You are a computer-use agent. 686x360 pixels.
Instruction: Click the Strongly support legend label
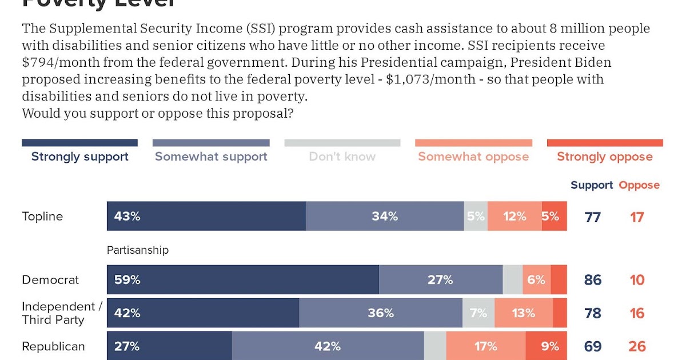click(79, 157)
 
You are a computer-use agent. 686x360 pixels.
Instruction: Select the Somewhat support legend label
click(211, 157)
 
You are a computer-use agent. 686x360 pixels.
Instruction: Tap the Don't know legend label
click(342, 157)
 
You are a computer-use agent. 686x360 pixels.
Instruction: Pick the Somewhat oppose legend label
click(473, 157)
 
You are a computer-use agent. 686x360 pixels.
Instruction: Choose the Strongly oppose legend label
click(604, 157)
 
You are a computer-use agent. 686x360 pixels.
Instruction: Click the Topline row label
click(42, 217)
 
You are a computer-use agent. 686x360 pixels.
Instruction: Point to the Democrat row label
click(50, 280)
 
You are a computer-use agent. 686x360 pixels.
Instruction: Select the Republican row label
click(53, 346)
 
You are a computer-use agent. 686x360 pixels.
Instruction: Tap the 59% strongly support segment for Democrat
click(242, 280)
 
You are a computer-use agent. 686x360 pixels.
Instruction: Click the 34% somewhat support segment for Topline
click(385, 217)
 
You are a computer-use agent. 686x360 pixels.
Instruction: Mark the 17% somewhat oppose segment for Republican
click(485, 346)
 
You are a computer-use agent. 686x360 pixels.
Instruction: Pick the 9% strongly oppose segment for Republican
click(547, 346)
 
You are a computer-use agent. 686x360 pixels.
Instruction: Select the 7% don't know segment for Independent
click(478, 313)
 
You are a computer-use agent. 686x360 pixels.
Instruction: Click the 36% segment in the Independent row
click(381, 313)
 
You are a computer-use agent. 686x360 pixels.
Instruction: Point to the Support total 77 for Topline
click(593, 217)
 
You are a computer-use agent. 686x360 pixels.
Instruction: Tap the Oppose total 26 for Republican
click(637, 346)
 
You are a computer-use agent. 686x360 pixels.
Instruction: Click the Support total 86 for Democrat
click(593, 280)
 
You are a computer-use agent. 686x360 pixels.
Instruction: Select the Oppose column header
click(639, 185)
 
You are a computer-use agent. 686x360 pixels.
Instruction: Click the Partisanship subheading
click(138, 250)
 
